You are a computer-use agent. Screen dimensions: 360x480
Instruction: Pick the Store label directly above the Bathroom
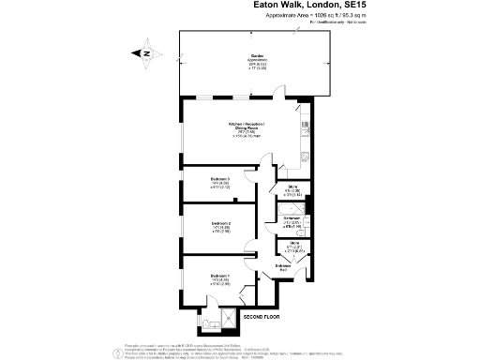pos(292,187)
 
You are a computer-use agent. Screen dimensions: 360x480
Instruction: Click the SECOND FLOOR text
pos(262,319)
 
